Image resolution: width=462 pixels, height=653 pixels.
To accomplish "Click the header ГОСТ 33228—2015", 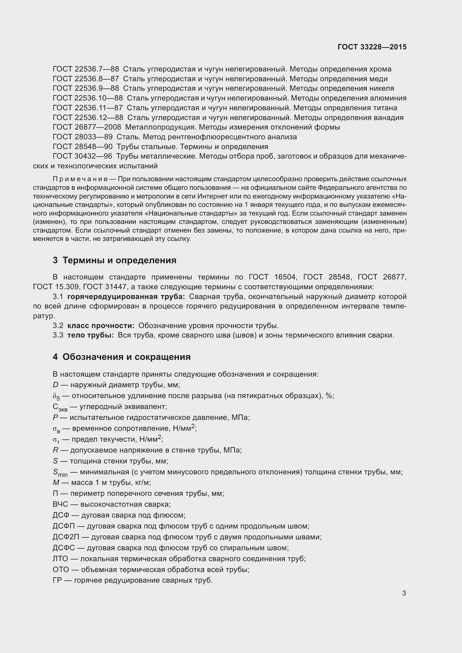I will click(372, 47).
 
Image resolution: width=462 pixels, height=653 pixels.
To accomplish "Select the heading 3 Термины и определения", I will click(114, 260).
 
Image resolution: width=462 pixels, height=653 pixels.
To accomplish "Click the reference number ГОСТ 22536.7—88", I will click(86, 69).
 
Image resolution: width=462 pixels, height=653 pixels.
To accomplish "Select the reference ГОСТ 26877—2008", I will click(87, 127).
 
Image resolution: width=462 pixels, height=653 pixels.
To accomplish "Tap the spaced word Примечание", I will click(80, 179).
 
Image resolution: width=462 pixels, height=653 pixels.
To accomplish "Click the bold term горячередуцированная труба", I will click(126, 297).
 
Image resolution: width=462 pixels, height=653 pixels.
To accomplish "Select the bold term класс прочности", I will click(101, 326).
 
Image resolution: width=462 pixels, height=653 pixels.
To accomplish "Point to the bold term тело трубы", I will click(90, 335).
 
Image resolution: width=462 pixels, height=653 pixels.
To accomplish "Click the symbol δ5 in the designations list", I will click(56, 396).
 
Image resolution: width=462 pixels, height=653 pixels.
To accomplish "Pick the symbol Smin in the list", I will click(60, 473).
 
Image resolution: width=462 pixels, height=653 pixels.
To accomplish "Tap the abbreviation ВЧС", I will click(60, 504).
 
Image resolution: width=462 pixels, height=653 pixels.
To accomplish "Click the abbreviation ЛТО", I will click(60, 559).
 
